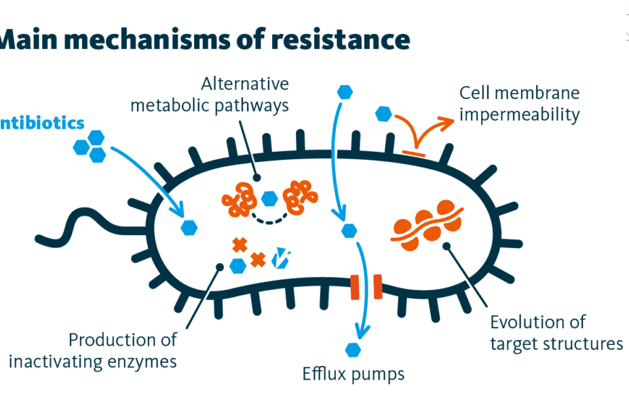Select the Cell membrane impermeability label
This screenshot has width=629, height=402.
tap(519, 103)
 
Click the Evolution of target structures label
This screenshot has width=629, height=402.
tap(556, 332)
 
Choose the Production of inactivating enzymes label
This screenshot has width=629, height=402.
tap(93, 350)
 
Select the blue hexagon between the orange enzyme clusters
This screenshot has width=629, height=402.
tap(269, 199)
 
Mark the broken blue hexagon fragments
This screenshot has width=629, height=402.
tap(280, 258)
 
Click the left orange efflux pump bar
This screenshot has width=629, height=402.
tap(354, 287)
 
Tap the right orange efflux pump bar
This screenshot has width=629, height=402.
tap(377, 287)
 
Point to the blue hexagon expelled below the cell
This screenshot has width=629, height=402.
tap(352, 350)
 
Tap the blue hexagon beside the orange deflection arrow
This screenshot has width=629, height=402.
tap(384, 113)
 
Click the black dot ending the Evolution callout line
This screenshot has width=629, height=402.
tap(446, 246)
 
